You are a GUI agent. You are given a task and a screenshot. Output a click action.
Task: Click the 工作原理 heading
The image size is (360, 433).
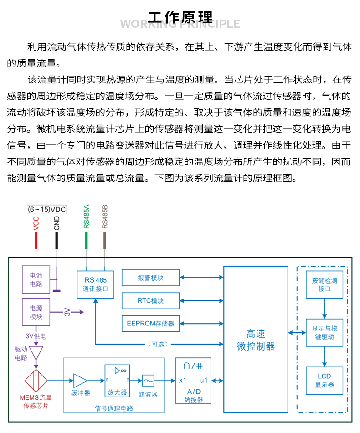pyautogui.click(x=180, y=17)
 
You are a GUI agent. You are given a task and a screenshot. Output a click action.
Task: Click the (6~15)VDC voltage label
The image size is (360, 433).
pyautogui.click(x=46, y=210)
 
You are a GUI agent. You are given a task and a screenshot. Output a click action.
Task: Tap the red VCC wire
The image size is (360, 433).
pyautogui.click(x=36, y=240)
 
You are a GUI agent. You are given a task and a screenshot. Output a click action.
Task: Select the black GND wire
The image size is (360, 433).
pyautogui.click(x=57, y=240)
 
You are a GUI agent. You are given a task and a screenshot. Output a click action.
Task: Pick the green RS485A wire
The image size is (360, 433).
pyautogui.click(x=86, y=240)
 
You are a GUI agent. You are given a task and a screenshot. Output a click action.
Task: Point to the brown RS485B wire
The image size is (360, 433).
pyautogui.click(x=105, y=240)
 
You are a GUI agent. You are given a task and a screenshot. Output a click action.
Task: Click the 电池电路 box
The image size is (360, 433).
pyautogui.click(x=36, y=279)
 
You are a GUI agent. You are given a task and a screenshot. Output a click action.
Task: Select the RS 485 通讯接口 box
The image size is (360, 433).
pyautogui.click(x=95, y=284)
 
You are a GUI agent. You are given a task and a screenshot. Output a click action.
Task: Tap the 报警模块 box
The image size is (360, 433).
pyautogui.click(x=150, y=278)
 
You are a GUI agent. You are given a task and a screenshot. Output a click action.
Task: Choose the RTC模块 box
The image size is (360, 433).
pyautogui.click(x=150, y=301)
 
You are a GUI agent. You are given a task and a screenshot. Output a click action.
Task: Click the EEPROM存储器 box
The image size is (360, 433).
pyautogui.click(x=150, y=324)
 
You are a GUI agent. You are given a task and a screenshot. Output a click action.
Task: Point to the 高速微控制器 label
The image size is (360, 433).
pyautogui.click(x=256, y=340)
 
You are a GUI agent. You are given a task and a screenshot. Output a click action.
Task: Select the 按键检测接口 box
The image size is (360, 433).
pyautogui.click(x=324, y=285)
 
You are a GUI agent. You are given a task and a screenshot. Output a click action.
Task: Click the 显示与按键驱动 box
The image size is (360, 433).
pyautogui.click(x=324, y=333)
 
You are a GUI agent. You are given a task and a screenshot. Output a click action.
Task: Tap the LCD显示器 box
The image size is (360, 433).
pyautogui.click(x=324, y=380)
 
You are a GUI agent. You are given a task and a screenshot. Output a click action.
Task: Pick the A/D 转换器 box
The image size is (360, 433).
pyautogui.click(x=194, y=381)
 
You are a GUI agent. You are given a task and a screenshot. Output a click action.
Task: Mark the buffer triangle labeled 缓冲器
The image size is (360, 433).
pyautogui.click(x=80, y=381)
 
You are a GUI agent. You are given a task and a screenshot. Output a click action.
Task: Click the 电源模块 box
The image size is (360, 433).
pyautogui.click(x=36, y=312)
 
